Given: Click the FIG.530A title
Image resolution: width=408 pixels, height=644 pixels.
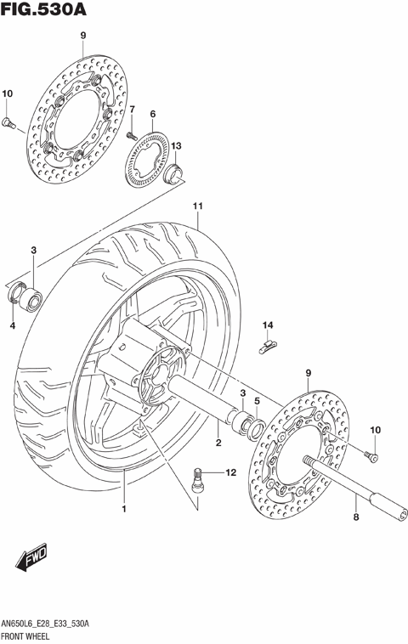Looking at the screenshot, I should (43, 10).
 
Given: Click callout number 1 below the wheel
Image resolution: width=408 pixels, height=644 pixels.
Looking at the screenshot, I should (123, 509).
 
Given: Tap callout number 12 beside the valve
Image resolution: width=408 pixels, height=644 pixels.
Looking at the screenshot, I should (229, 472).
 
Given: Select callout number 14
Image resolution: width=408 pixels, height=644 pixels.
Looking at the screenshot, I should (267, 325).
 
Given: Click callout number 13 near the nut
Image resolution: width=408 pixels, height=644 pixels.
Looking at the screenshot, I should (176, 146).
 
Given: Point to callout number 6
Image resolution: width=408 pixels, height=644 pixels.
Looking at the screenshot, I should (152, 114).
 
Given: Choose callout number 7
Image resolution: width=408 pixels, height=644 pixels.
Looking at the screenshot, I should (132, 109).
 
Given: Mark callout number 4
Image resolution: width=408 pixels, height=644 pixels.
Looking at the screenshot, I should (13, 325).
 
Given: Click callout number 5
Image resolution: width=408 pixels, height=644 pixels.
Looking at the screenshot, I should (257, 400).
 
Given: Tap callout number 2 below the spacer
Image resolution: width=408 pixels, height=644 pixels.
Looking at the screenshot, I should (218, 443).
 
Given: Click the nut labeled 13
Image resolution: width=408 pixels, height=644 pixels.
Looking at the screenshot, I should (175, 176).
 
